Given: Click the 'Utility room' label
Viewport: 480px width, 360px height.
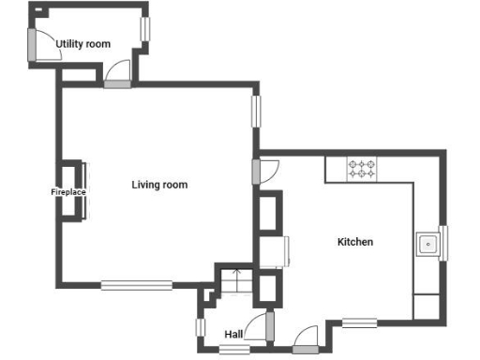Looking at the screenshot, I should tap(82, 44).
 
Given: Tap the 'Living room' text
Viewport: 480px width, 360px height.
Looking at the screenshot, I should tap(159, 185).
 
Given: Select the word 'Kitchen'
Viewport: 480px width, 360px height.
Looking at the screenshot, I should tap(355, 242).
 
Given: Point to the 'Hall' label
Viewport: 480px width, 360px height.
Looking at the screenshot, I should tap(233, 334).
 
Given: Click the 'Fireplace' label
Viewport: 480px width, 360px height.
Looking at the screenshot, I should tap(68, 192).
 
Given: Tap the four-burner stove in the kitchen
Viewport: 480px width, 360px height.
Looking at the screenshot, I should tap(362, 169).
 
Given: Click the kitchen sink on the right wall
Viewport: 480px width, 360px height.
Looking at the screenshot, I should tap(427, 245).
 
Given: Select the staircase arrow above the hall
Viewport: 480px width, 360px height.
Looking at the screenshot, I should tap(236, 279).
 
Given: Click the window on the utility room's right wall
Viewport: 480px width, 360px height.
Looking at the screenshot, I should tap(145, 28).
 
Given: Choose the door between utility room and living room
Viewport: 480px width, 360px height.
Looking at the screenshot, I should tap(117, 83).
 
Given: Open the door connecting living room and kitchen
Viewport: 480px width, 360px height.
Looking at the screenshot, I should tap(256, 172).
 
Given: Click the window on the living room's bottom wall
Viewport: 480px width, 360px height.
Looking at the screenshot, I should tap(137, 285).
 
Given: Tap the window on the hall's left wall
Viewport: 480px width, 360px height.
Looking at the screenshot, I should tap(200, 327).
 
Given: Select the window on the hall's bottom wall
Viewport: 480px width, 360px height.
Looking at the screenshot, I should tap(234, 350).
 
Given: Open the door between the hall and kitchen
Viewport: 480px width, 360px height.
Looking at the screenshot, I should tap(270, 326).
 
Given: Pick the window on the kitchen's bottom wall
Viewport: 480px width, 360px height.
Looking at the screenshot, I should tap(359, 322).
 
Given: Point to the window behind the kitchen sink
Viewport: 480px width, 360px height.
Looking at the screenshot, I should tap(443, 245).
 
